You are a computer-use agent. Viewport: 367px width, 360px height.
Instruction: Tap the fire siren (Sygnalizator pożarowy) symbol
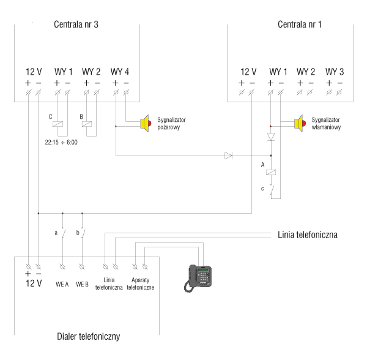click(x=146, y=123)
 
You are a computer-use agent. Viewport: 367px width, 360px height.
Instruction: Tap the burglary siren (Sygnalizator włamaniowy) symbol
click(x=298, y=123)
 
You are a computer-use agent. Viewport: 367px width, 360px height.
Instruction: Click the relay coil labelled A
click(x=270, y=173)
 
